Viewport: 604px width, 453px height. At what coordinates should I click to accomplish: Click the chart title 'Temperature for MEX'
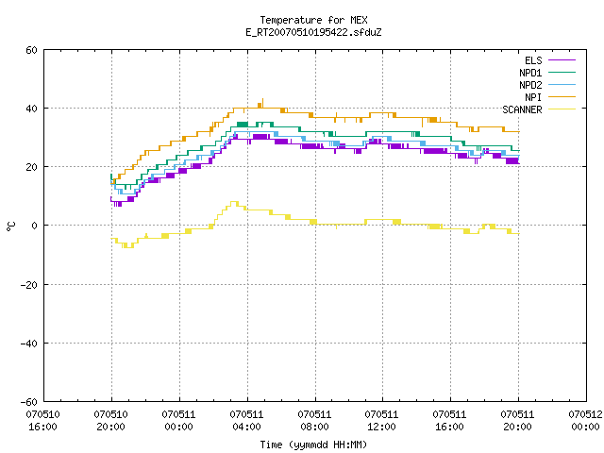click(x=313, y=20)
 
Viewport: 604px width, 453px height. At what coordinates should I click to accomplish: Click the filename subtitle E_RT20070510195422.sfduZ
click(x=313, y=32)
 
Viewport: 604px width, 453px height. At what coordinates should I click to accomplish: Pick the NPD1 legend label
click(x=530, y=73)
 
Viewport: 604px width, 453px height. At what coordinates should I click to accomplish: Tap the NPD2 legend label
click(x=530, y=85)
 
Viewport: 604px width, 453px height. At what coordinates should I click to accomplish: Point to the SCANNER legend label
click(x=522, y=109)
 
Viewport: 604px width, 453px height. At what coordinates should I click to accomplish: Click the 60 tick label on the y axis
click(x=31, y=50)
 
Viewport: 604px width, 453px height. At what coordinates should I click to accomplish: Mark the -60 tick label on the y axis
click(x=28, y=402)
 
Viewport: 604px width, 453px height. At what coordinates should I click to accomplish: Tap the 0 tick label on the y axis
click(x=35, y=226)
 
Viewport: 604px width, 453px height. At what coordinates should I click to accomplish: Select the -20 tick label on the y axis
click(x=28, y=285)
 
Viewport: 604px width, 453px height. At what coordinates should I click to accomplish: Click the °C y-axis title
click(x=10, y=226)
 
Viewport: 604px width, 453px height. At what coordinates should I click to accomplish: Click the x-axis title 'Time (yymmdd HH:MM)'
click(x=313, y=445)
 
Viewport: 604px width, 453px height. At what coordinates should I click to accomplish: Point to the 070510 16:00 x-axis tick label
click(x=42, y=421)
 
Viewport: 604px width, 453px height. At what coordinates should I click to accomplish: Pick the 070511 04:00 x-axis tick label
click(x=246, y=421)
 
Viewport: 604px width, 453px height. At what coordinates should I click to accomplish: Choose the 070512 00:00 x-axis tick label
click(x=585, y=421)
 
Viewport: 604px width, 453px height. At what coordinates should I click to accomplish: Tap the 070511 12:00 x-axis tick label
click(x=381, y=421)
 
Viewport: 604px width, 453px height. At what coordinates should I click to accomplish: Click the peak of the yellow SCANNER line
click(x=234, y=201)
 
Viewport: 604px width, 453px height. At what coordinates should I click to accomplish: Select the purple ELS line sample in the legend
click(x=562, y=60)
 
